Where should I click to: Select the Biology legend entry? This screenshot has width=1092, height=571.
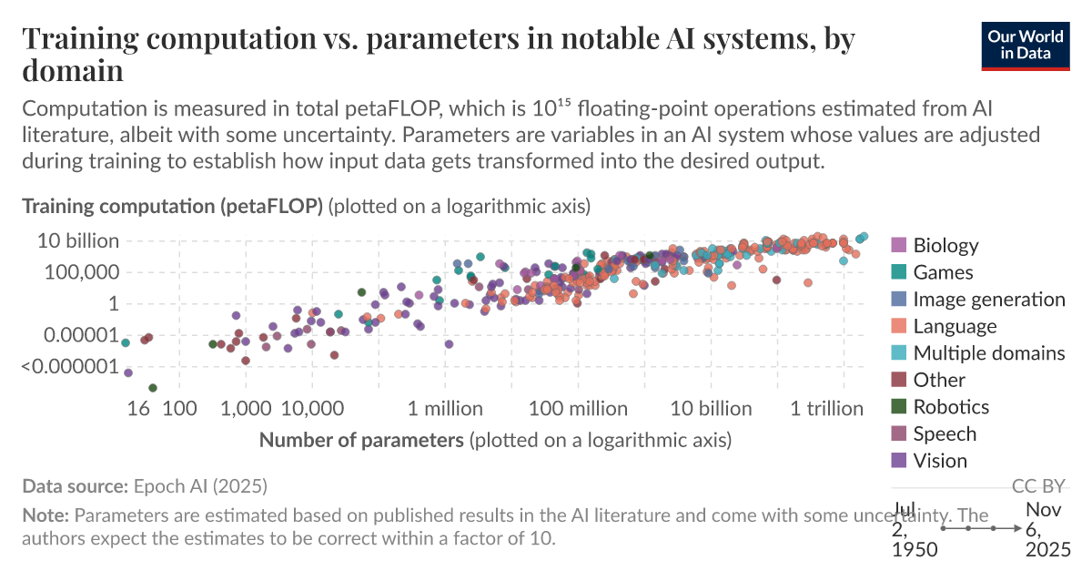click(x=945, y=245)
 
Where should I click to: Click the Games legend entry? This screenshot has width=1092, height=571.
click(x=943, y=272)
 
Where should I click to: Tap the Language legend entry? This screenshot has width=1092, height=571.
click(x=955, y=326)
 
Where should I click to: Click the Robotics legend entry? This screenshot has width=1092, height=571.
click(x=951, y=407)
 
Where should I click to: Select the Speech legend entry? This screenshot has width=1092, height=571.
click(x=945, y=434)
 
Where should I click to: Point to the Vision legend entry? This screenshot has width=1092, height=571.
click(x=940, y=461)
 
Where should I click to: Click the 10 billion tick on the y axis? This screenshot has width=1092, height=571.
click(x=78, y=241)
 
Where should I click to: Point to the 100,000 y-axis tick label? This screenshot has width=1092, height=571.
click(x=82, y=272)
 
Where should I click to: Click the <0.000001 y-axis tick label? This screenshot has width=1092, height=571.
click(x=71, y=367)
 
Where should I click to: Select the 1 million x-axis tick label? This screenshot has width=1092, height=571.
click(x=445, y=409)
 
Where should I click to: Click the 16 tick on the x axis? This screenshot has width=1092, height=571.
click(x=139, y=409)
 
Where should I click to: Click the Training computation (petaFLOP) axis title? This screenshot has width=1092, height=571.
click(x=173, y=207)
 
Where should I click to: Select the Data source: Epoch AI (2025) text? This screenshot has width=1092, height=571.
click(x=145, y=485)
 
